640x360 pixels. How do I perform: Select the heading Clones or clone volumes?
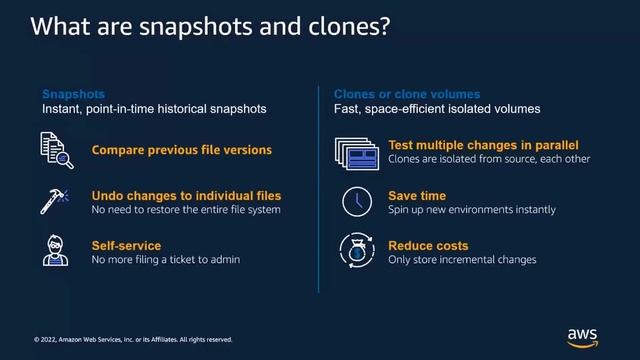[x=406, y=94]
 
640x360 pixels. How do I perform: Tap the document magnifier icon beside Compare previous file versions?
[x=55, y=150]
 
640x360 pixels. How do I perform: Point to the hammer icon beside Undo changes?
[x=54, y=201]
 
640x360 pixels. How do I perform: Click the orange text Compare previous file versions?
[x=181, y=150]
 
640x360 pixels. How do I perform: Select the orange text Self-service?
[x=126, y=245]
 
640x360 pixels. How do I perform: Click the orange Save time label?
[x=417, y=196]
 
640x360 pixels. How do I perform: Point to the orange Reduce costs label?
[x=428, y=245]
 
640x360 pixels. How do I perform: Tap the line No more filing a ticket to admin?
[x=166, y=260]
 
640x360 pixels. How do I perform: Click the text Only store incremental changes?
[x=462, y=260]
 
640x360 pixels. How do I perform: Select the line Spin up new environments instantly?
[x=471, y=210]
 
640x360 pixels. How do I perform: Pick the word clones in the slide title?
[x=334, y=26]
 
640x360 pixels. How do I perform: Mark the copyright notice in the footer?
[x=133, y=339]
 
